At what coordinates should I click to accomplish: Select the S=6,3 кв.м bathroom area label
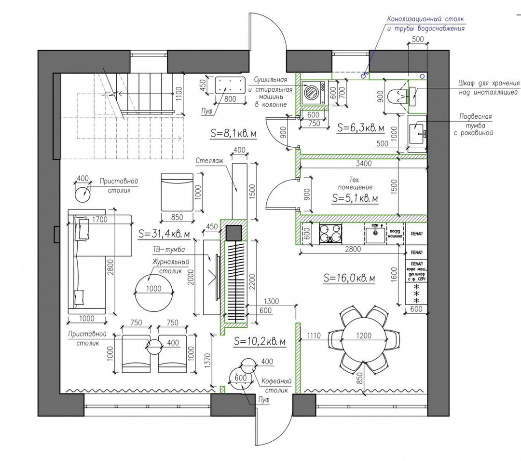tap(360, 128)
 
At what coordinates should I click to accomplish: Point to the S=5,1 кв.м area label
tap(355, 198)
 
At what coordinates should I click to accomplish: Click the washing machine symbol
tap(313, 92)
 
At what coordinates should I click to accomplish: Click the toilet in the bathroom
tap(395, 96)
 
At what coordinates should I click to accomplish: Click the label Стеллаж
tap(209, 161)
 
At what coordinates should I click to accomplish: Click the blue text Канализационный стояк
tap(425, 19)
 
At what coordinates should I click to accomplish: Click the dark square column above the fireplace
tap(234, 233)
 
